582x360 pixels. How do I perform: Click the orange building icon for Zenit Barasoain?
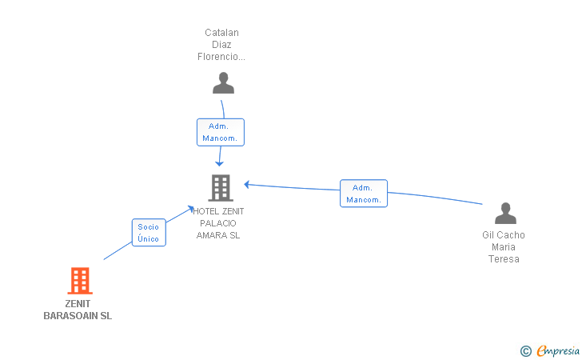click(80, 281)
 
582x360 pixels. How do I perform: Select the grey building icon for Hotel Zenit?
click(221, 188)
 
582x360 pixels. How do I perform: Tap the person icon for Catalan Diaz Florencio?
click(224, 83)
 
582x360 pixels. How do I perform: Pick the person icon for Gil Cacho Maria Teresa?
click(505, 214)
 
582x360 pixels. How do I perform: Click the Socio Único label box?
click(149, 233)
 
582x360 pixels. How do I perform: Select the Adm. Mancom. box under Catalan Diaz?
click(221, 132)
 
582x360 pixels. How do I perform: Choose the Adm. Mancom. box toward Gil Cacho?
click(364, 194)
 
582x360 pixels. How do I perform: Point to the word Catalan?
click(221, 33)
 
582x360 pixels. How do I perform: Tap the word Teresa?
click(504, 259)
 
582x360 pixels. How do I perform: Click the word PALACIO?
click(218, 223)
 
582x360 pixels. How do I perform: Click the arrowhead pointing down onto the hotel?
click(219, 163)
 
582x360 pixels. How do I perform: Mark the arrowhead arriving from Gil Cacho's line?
click(246, 184)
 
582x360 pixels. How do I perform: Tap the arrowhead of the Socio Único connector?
click(191, 209)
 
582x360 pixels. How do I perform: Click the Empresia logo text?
click(558, 350)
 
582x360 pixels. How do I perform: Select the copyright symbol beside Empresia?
click(526, 351)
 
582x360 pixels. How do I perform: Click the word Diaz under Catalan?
click(221, 45)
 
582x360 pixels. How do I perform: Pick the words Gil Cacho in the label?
click(504, 234)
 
